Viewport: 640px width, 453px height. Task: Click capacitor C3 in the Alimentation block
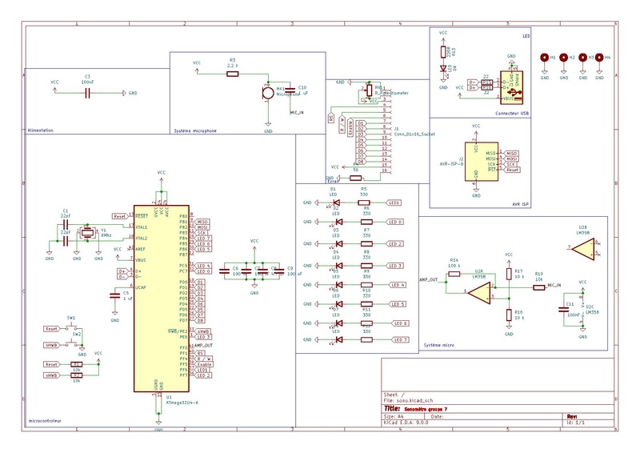click(x=87, y=93)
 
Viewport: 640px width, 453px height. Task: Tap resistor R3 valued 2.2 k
click(x=232, y=74)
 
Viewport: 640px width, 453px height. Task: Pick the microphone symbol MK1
click(x=268, y=94)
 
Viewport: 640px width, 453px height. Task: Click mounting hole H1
click(x=544, y=58)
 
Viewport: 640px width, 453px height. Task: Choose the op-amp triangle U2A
click(x=479, y=295)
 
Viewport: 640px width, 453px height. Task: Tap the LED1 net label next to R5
click(x=393, y=203)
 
